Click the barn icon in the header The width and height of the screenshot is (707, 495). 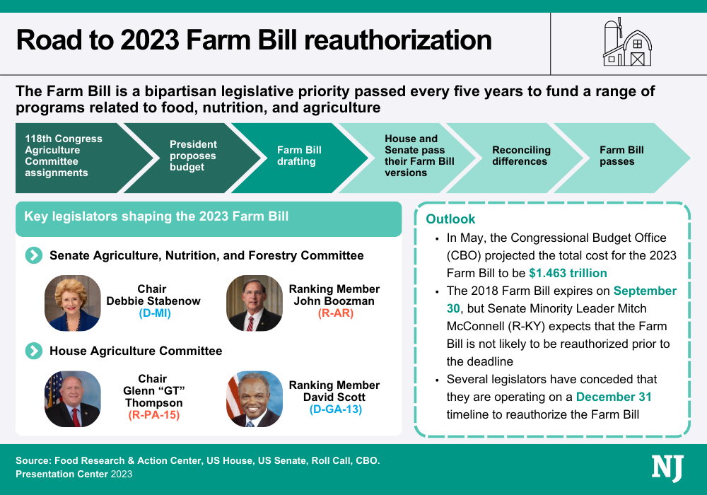[627, 43]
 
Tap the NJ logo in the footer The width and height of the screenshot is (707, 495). [667, 469]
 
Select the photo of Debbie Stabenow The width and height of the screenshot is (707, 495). [73, 303]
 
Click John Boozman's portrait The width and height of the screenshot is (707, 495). [255, 303]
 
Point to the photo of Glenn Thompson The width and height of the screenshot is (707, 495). [73, 399]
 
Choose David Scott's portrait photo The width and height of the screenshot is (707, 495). [255, 399]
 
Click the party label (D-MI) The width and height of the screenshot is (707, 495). [153, 313]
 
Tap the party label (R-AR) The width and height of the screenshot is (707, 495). [334, 313]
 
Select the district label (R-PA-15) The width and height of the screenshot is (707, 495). [153, 415]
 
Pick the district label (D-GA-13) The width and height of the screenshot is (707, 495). [334, 409]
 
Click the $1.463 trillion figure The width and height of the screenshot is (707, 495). [568, 273]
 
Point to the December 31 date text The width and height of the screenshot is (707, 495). [614, 397]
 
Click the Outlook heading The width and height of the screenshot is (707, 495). [450, 219]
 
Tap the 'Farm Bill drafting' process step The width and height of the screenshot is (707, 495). [299, 156]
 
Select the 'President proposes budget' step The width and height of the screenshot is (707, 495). [193, 156]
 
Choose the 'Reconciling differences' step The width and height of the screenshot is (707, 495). [520, 156]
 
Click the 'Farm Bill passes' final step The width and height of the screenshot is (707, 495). [621, 156]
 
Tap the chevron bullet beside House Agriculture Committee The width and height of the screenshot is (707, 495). [33, 351]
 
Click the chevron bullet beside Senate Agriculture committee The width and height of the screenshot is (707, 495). [33, 255]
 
